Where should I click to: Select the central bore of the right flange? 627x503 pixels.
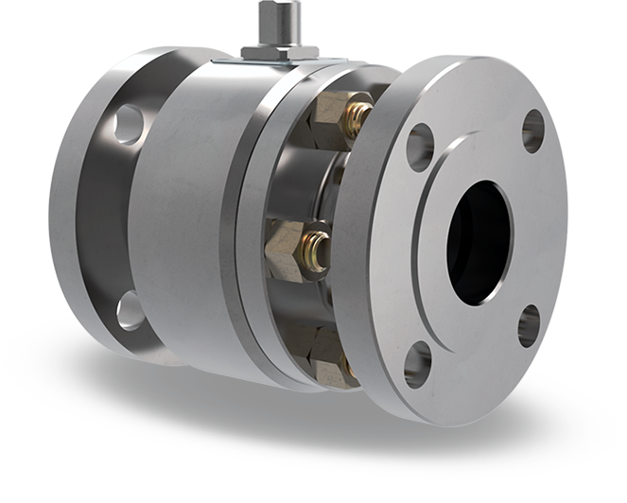point(478,241)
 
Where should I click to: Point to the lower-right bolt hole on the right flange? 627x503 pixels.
point(530,325)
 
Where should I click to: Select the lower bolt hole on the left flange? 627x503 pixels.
point(130,311)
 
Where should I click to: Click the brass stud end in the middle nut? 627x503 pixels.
point(317,248)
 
